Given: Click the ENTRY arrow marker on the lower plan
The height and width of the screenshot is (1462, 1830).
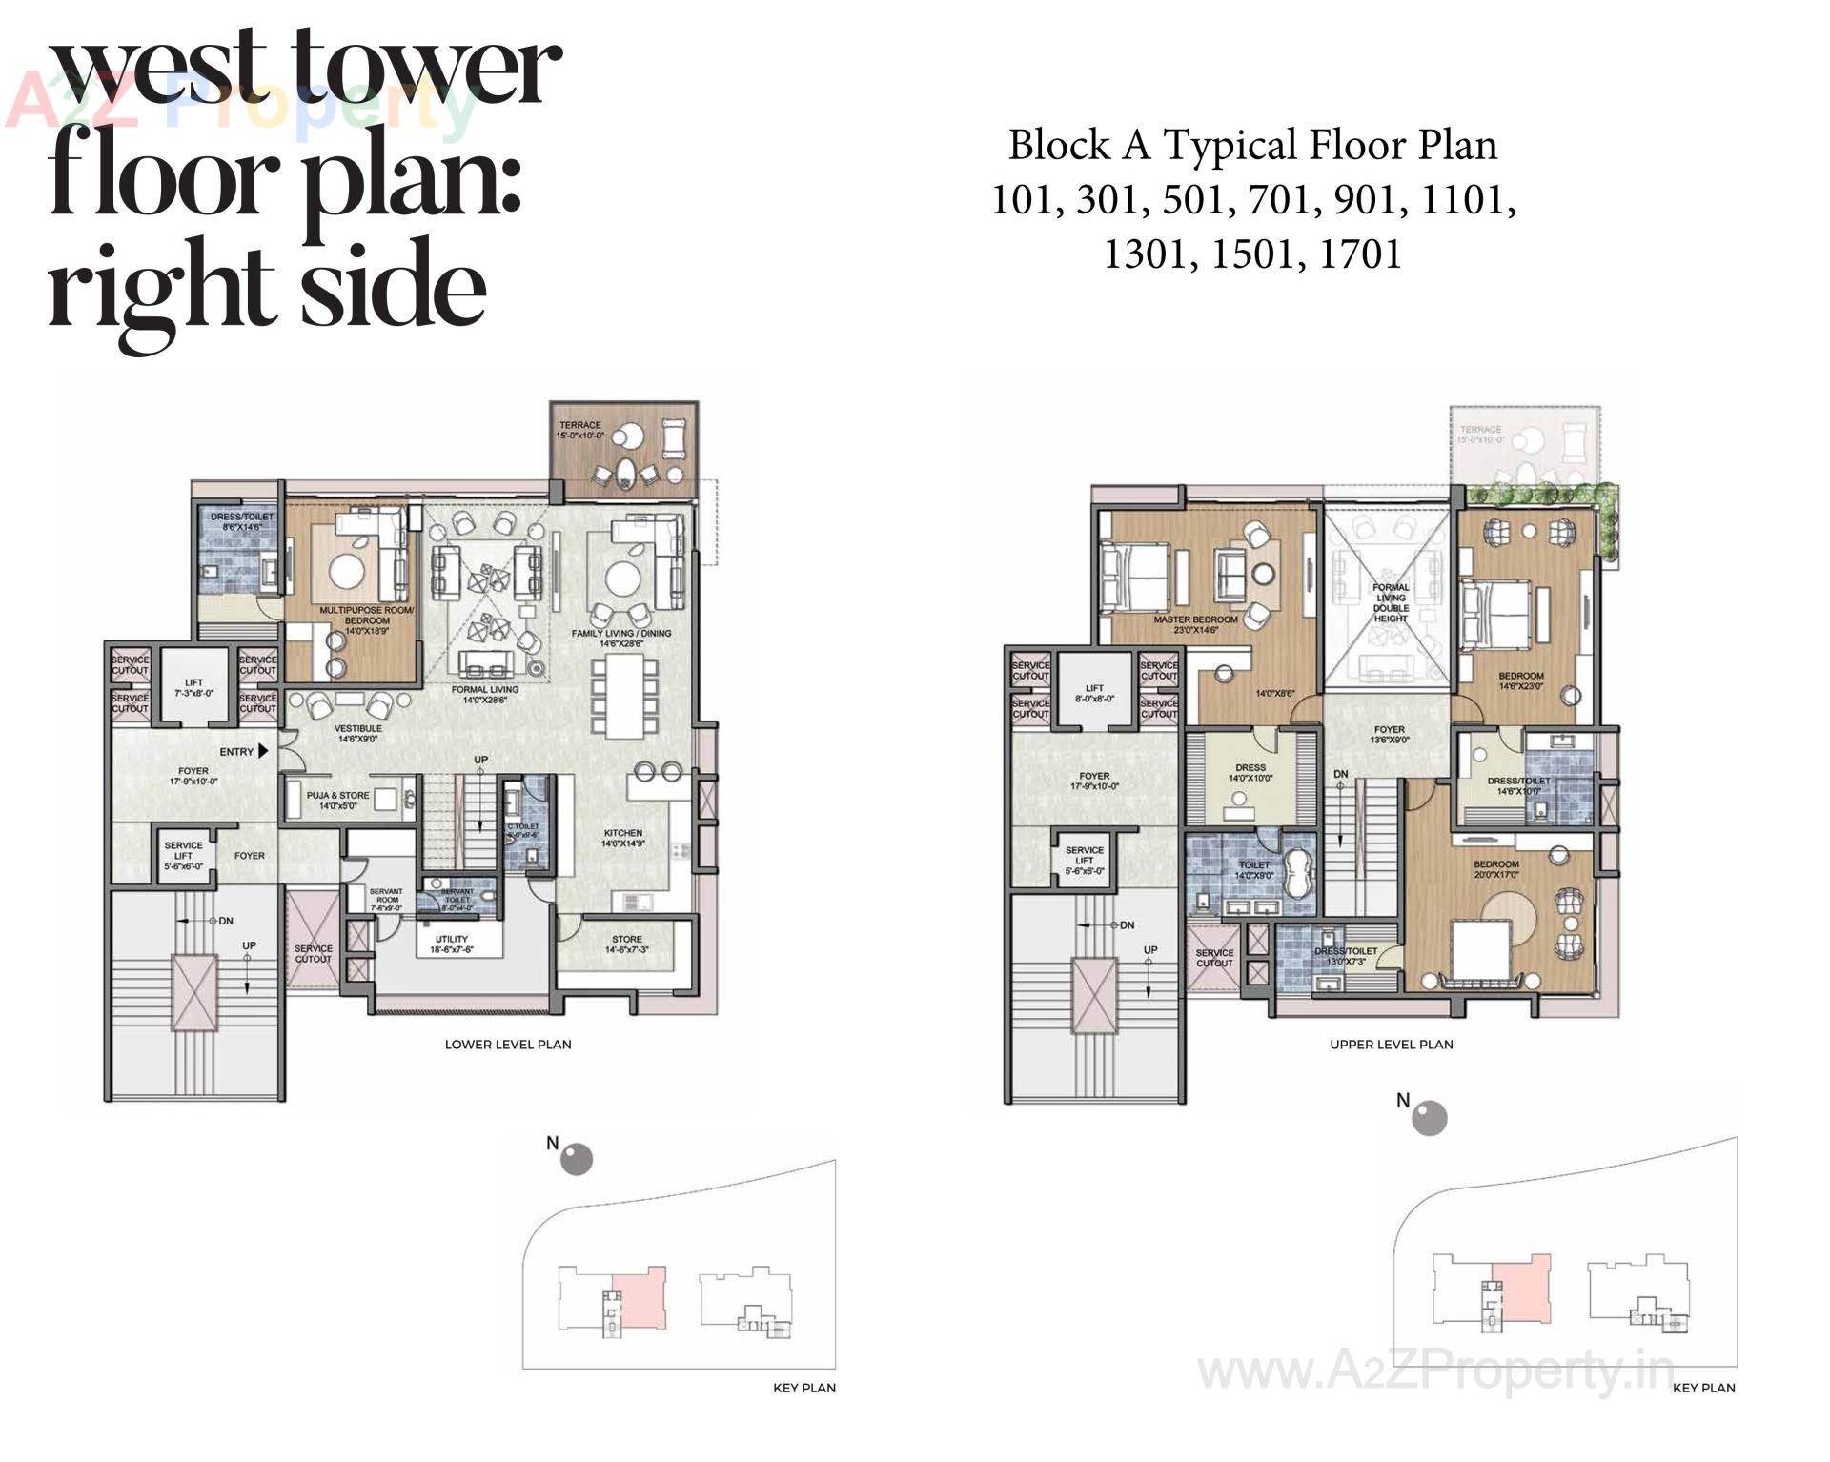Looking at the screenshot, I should point(263,752).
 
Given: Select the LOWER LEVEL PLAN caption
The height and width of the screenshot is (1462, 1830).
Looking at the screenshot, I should point(508,1045).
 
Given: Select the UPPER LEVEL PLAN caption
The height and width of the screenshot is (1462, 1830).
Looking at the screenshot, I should point(1391,1045).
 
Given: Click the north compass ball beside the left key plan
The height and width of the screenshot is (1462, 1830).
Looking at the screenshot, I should point(576,1159).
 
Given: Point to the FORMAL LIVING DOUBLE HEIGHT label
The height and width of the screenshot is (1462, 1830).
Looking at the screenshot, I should point(1391,603).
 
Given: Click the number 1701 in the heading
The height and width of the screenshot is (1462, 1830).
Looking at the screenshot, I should point(1360,254).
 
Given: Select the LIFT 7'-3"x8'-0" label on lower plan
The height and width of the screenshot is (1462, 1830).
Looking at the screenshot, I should point(194,688).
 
